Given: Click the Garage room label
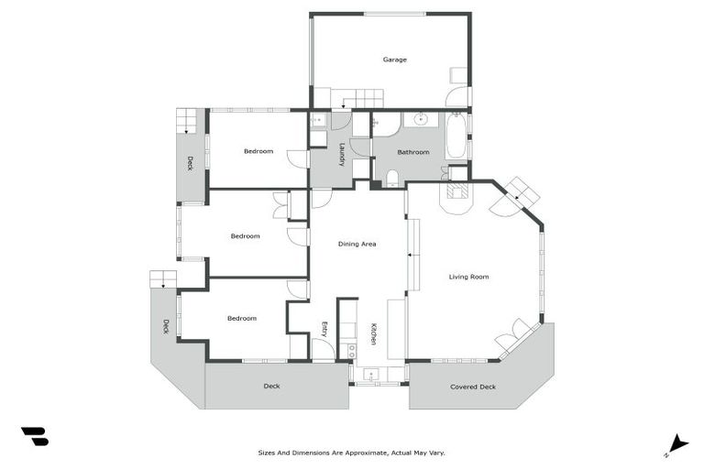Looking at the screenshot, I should (394, 60).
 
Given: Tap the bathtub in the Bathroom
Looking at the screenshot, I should (456, 136).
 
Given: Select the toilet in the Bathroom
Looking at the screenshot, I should (392, 177).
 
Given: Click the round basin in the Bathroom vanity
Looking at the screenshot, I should (421, 119).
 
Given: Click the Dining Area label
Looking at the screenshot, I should (357, 244).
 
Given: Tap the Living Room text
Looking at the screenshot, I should (468, 277).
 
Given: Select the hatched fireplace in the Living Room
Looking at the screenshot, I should (456, 191).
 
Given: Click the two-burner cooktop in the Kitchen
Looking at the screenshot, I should (351, 350).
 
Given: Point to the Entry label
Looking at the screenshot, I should (324, 329).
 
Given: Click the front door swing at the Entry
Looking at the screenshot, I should (322, 349).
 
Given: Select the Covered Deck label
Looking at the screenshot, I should (473, 387).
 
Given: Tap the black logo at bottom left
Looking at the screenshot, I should (34, 436).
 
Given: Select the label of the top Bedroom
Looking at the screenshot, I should (258, 151).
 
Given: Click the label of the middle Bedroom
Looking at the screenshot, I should (245, 236).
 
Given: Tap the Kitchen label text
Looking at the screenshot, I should (373, 334).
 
